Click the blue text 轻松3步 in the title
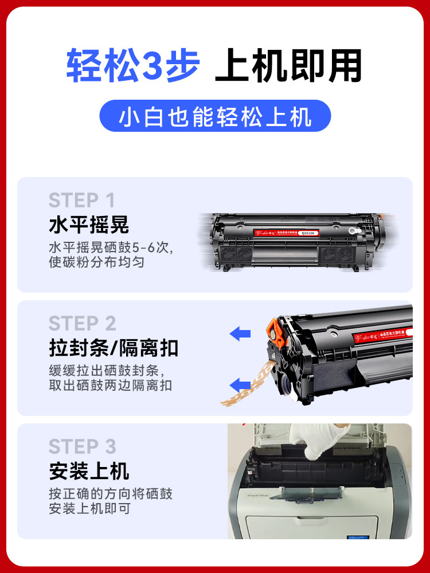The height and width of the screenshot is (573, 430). click(x=133, y=66)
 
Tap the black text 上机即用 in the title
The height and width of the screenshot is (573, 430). click(x=288, y=66)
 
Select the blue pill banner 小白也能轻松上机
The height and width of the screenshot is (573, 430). click(x=215, y=116)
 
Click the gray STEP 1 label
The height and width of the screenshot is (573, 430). click(x=82, y=201)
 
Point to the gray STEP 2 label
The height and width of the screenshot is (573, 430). click(x=82, y=323)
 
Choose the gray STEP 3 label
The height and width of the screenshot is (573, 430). click(x=82, y=446)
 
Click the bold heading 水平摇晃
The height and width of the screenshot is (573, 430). click(x=89, y=225)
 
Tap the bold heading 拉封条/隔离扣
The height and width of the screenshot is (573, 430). click(x=114, y=348)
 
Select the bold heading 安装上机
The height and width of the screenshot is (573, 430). click(x=89, y=471)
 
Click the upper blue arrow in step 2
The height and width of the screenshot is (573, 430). click(x=240, y=333)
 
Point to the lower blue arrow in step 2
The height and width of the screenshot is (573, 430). click(x=240, y=384)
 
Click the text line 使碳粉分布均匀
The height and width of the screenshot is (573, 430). click(x=96, y=263)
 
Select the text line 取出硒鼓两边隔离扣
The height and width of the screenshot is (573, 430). click(x=110, y=386)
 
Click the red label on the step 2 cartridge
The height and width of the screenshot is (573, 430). click(x=367, y=332)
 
